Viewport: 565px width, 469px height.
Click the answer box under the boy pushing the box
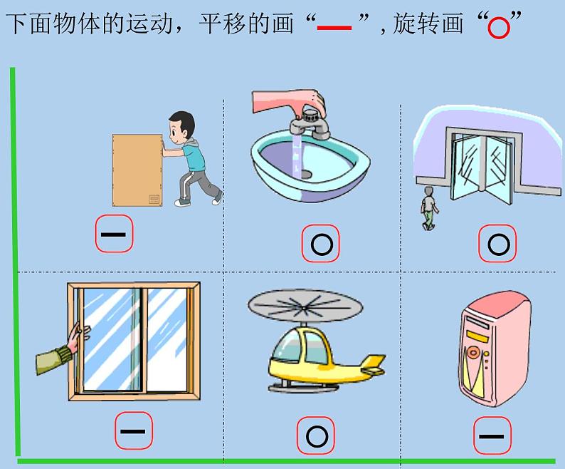[114, 234]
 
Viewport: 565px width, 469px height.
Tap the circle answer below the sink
[321, 244]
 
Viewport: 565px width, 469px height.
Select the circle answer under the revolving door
[498, 244]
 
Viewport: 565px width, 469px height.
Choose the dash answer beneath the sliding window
[133, 431]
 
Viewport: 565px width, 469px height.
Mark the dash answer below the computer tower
[492, 435]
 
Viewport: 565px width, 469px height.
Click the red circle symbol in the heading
[499, 28]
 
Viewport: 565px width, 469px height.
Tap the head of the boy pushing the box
[181, 125]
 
